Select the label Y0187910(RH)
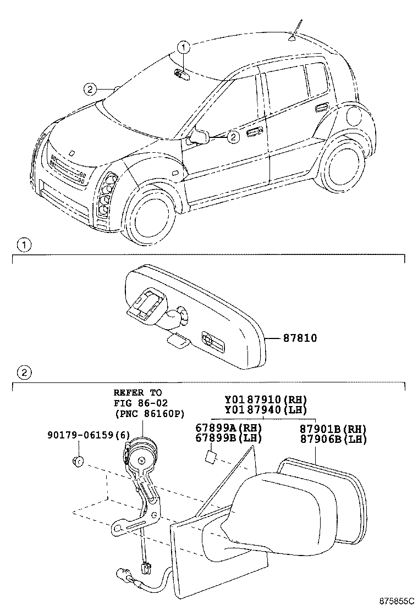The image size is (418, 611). (x=266, y=399)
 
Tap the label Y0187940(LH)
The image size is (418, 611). (x=266, y=409)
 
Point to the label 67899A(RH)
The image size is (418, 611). (x=228, y=428)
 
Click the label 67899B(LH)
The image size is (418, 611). (x=228, y=438)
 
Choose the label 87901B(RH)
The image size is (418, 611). (x=333, y=429)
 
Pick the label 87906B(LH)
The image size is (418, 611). (x=333, y=439)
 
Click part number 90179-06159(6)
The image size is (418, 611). (x=84, y=435)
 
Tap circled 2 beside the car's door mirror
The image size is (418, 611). (x=233, y=136)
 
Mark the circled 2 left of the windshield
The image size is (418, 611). (x=89, y=89)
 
